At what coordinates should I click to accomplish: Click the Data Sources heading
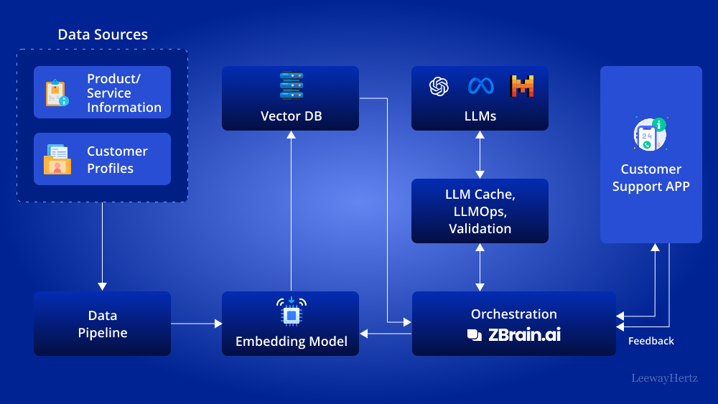[x=103, y=34]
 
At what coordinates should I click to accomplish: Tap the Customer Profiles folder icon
[x=57, y=159]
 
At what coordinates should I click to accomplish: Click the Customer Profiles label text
[x=117, y=160]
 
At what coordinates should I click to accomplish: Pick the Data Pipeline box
[x=102, y=324]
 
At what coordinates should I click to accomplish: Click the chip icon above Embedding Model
[x=291, y=313]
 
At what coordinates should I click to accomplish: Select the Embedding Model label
[x=291, y=342]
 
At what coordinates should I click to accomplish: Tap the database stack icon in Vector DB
[x=291, y=86]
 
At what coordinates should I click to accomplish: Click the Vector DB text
[x=291, y=116]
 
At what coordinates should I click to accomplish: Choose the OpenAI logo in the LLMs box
[x=439, y=86]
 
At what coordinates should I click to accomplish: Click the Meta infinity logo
[x=480, y=86]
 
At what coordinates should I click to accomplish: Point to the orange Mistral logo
[x=522, y=86]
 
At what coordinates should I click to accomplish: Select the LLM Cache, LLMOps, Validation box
[x=480, y=211]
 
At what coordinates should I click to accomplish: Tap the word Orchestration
[x=513, y=314]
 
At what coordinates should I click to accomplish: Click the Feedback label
[x=651, y=342]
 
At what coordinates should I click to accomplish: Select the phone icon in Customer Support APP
[x=650, y=134]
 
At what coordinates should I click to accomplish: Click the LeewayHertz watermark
[x=664, y=377]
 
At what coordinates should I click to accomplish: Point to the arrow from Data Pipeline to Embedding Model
[x=196, y=324]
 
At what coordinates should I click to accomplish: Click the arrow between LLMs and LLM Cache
[x=480, y=154]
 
